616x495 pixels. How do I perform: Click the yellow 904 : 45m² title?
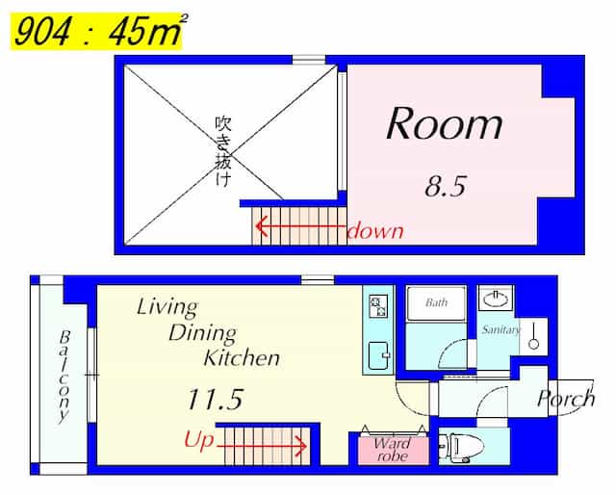point(96,32)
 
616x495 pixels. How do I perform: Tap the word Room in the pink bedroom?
point(445,123)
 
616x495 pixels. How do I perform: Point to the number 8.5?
point(445,186)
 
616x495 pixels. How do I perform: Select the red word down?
point(375,230)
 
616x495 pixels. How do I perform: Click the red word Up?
point(199,439)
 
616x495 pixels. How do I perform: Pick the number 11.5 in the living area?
point(215,399)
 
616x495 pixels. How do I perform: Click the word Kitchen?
point(242,357)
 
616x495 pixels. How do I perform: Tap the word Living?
point(167,307)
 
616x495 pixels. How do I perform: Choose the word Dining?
point(203,333)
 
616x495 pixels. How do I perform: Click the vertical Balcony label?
point(64,378)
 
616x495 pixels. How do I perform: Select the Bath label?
point(436,302)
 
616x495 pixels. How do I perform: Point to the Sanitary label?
point(500,329)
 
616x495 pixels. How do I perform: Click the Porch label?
point(566,399)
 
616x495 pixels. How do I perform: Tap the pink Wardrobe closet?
point(393,450)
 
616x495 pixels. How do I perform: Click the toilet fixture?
point(460,447)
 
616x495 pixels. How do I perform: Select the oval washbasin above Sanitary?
point(496,300)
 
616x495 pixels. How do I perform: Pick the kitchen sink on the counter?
point(378,355)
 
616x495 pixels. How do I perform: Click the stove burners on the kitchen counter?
point(378,306)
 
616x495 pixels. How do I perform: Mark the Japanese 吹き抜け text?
point(223,151)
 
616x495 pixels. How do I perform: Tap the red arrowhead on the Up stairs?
point(302,446)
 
